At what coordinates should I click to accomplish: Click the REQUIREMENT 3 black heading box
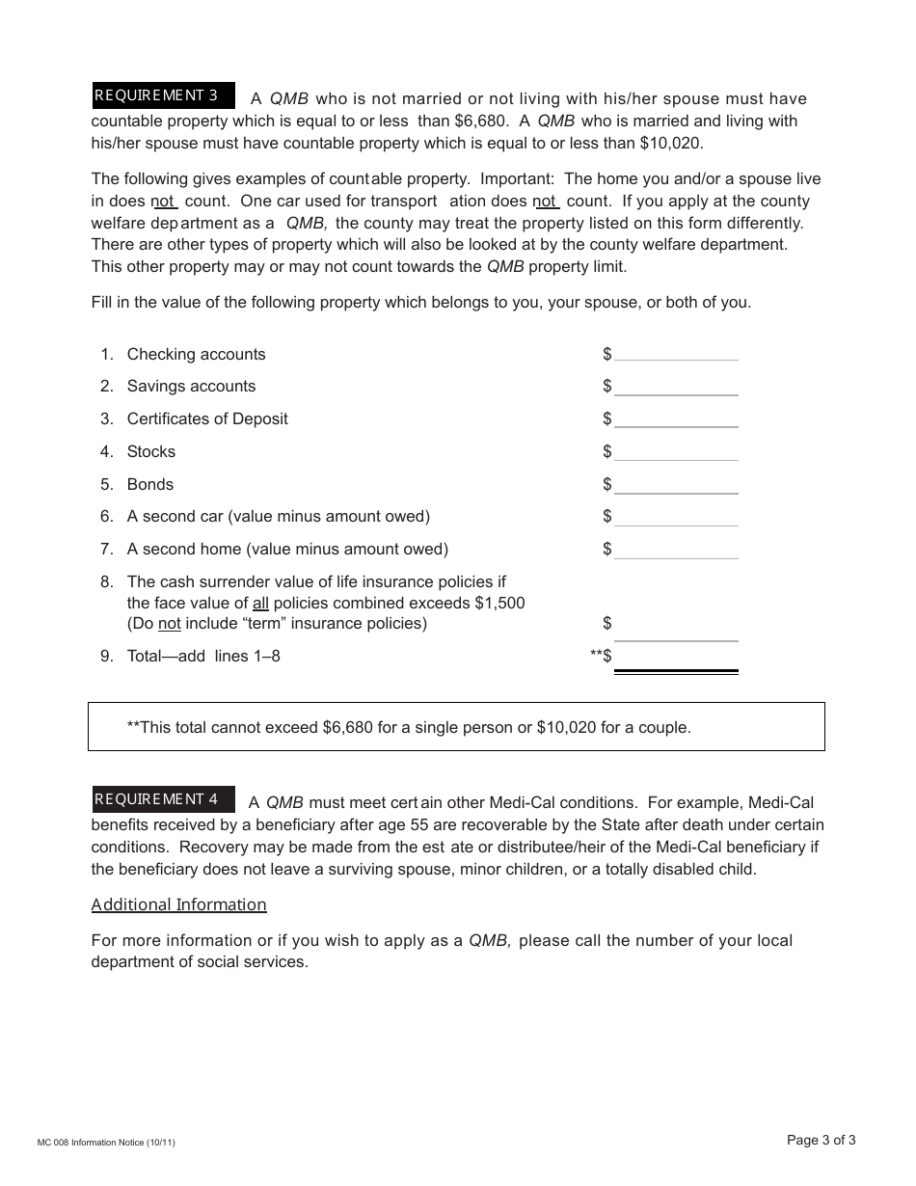click(162, 95)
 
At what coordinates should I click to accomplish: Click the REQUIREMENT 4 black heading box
click(162, 799)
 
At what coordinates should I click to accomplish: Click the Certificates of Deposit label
click(207, 418)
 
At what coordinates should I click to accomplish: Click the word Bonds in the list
click(150, 484)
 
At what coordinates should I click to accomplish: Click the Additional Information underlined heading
click(178, 904)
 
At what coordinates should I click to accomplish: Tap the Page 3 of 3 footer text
click(821, 1140)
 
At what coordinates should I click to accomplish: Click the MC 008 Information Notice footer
click(106, 1143)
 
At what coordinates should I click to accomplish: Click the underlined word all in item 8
click(260, 603)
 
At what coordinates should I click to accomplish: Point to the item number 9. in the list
click(107, 656)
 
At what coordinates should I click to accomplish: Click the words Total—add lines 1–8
click(203, 656)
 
